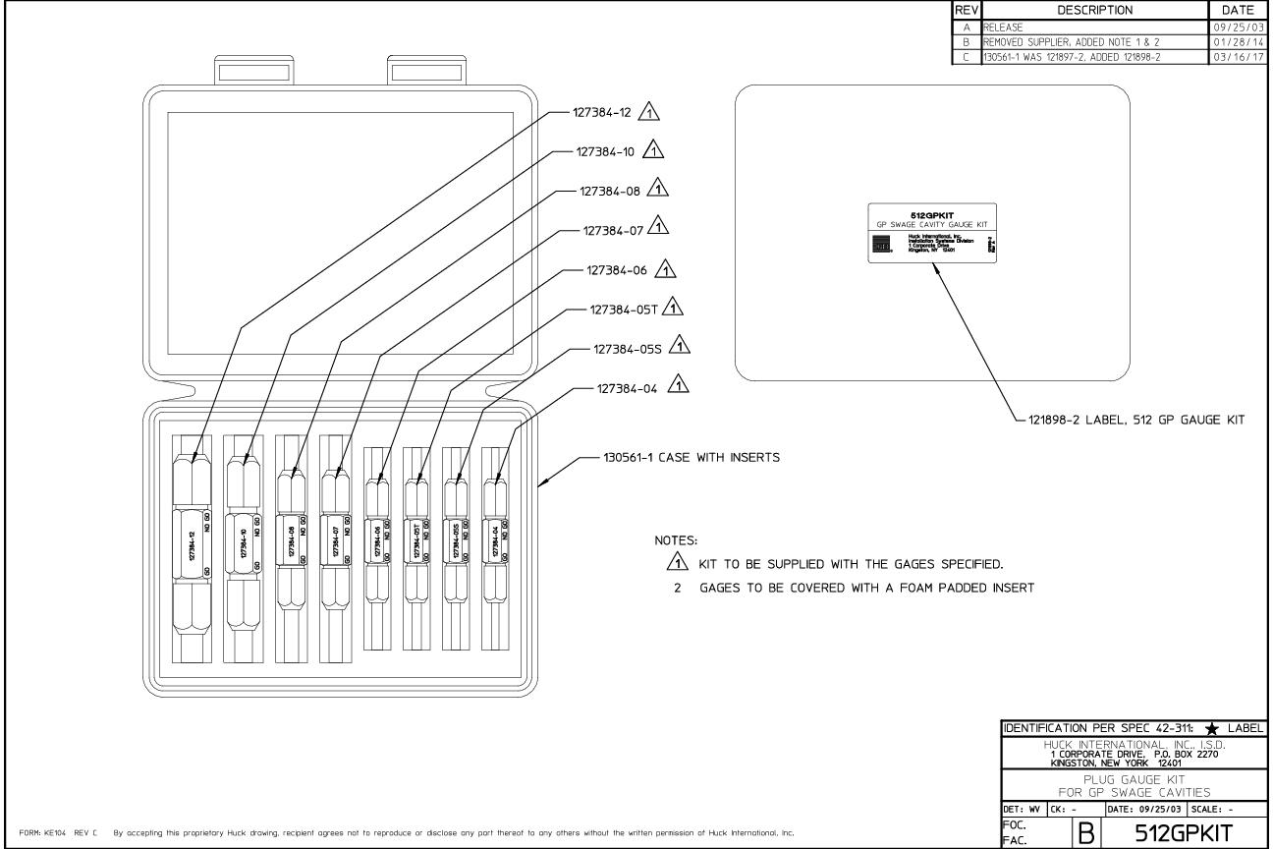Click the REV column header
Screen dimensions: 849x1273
966,9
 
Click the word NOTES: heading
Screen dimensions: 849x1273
675,541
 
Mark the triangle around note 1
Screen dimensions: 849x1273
674,563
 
